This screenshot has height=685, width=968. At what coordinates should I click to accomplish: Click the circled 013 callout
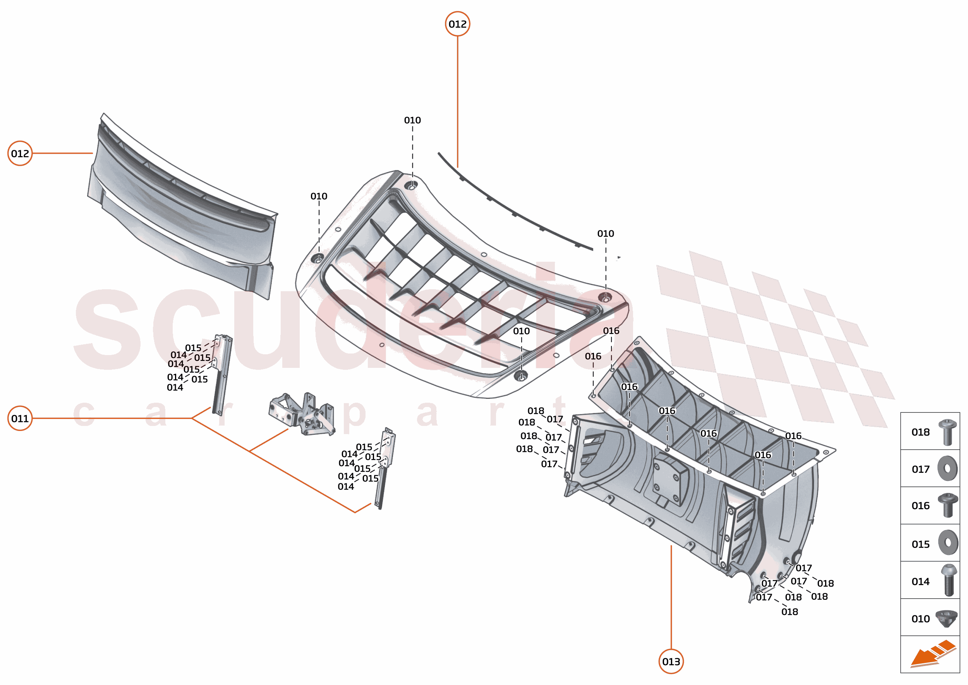(671, 661)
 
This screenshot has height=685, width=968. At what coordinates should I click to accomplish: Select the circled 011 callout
(20, 419)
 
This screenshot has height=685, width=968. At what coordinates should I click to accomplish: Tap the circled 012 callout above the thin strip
(458, 24)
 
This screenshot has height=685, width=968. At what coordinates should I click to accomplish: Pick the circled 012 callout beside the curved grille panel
(20, 153)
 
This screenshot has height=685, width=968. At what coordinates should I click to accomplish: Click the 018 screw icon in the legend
(947, 433)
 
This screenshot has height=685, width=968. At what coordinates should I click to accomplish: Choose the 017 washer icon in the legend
(947, 469)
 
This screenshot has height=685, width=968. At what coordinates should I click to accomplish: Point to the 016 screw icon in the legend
(947, 505)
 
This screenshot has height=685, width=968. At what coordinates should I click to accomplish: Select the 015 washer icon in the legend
(948, 543)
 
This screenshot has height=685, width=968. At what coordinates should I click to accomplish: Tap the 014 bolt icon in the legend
(949, 580)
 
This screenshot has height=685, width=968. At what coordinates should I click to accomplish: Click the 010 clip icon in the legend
(946, 618)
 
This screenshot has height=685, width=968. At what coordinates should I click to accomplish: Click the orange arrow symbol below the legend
(932, 654)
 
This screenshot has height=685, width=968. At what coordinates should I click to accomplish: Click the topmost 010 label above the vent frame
(412, 120)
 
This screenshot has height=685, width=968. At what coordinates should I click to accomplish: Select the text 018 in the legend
(920, 433)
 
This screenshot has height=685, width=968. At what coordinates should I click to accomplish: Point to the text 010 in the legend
(920, 619)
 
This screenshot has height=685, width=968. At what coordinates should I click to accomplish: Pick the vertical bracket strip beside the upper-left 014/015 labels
(222, 375)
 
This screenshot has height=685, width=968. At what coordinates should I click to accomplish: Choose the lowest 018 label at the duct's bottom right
(790, 611)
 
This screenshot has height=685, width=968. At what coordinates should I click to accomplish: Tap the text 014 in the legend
(920, 582)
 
